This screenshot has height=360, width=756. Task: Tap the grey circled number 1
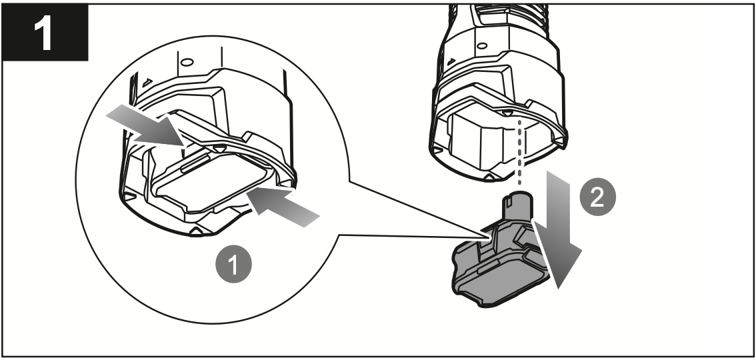click(233, 265)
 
